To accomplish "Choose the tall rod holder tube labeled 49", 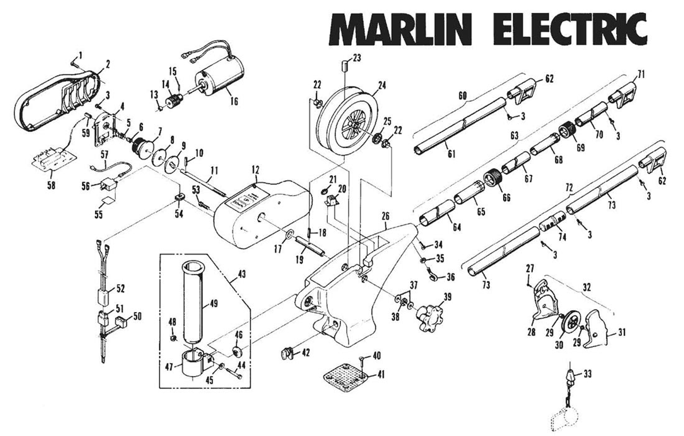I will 195,301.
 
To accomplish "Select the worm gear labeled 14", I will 172,100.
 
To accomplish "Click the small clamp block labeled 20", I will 333,200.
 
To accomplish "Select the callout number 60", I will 462,96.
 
